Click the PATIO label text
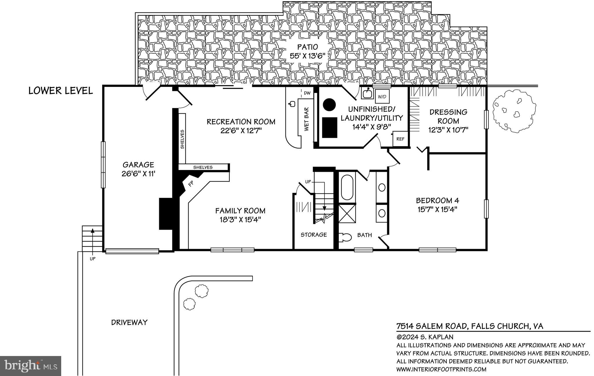(307, 47)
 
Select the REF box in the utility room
(400, 139)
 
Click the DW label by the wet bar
(307, 93)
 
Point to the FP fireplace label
(191, 184)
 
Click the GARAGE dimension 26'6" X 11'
(138, 174)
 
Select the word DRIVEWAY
(129, 322)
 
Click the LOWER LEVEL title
(61, 91)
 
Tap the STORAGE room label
(314, 235)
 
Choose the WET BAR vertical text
(307, 119)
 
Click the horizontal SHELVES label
(203, 167)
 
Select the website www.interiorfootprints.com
(441, 369)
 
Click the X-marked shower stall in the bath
(347, 213)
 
